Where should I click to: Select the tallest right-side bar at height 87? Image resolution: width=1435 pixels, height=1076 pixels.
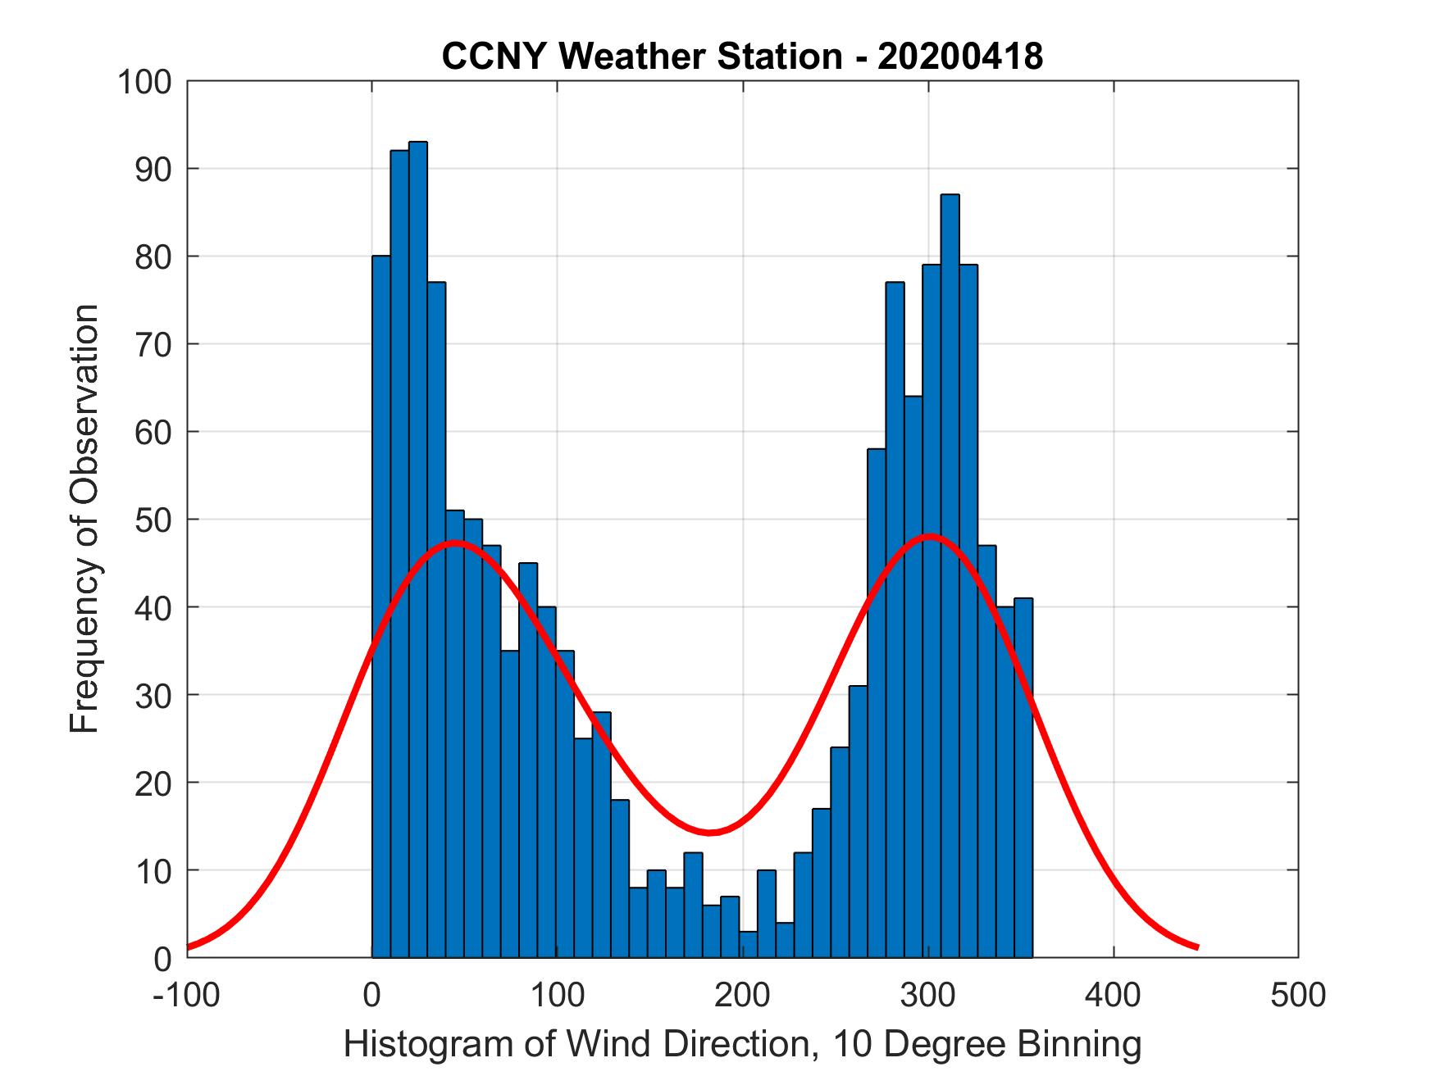coord(950,574)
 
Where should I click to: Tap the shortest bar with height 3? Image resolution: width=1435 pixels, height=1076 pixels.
coord(748,944)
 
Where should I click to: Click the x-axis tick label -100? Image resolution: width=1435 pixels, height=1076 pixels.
coord(186,995)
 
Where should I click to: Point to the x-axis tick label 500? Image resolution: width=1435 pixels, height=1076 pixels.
coord(1297,995)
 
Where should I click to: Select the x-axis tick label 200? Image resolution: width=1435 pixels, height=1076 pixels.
coord(742,995)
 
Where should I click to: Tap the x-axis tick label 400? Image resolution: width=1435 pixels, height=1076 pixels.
coord(1113,995)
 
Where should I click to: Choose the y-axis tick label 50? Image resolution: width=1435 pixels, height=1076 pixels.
coord(153,520)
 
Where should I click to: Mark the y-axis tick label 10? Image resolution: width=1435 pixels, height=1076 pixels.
coord(153,870)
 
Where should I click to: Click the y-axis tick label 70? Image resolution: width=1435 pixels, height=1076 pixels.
coord(153,345)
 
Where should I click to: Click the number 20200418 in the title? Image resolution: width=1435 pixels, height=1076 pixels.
coord(960,57)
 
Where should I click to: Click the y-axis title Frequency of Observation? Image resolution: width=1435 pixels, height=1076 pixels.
coord(84,519)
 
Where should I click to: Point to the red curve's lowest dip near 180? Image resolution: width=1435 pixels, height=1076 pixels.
coord(710,832)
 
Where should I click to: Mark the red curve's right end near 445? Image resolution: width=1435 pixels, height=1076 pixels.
coord(1196,947)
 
